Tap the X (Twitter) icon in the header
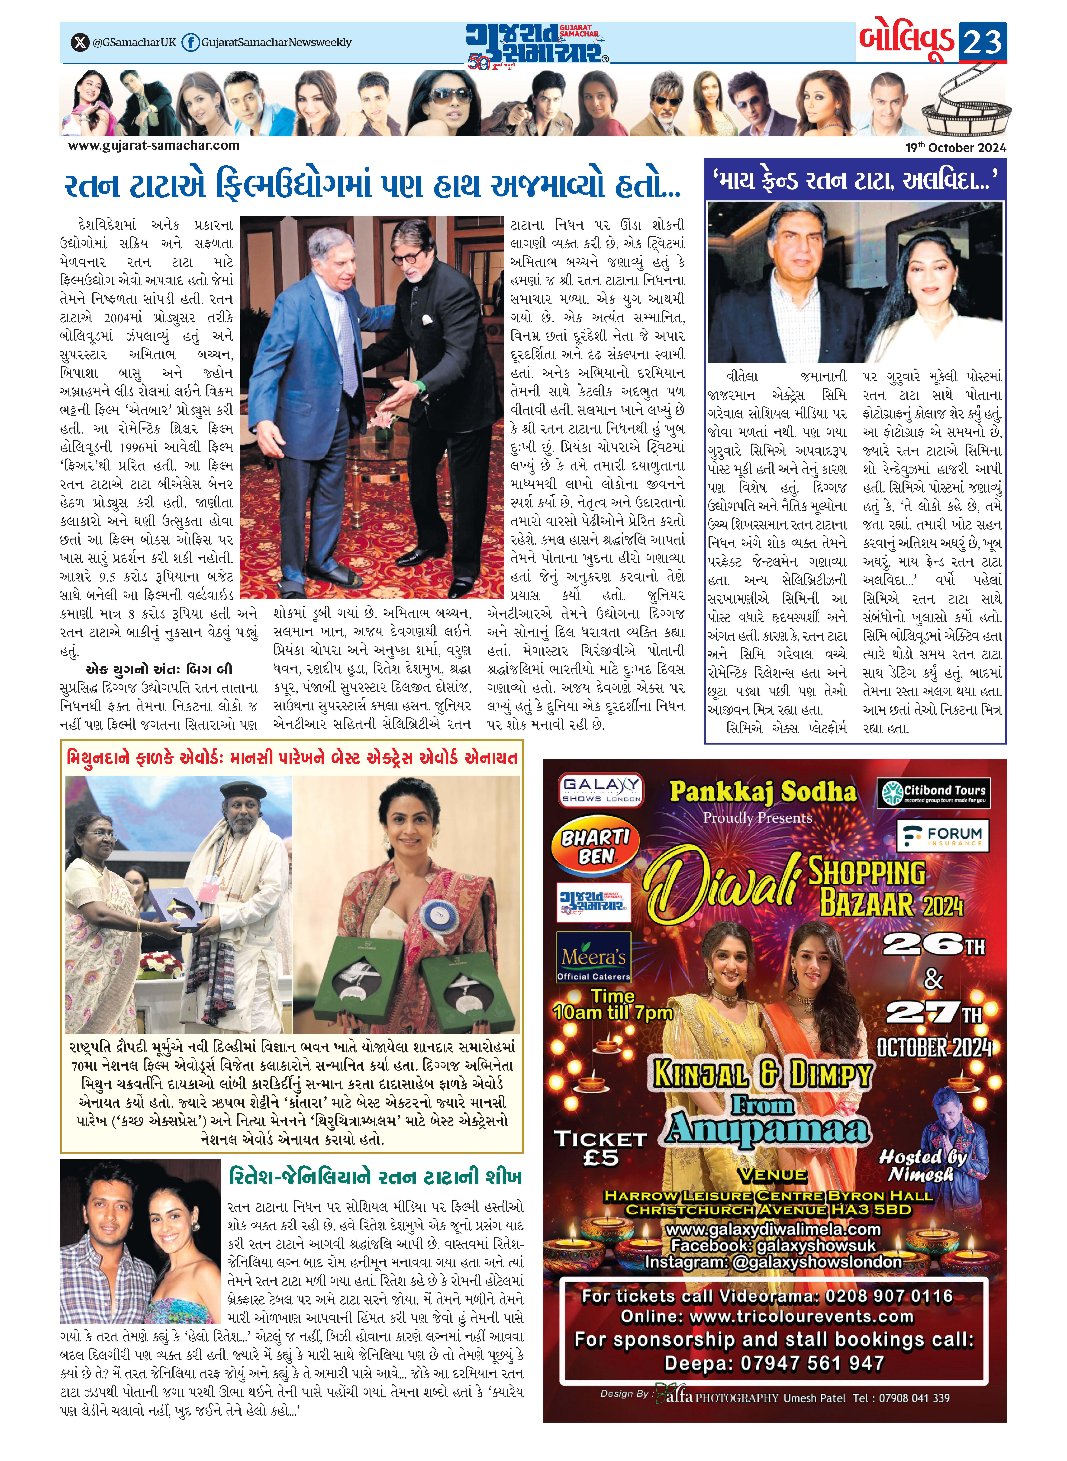[x=79, y=43]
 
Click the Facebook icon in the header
[x=190, y=43]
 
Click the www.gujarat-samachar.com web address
[x=154, y=145]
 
